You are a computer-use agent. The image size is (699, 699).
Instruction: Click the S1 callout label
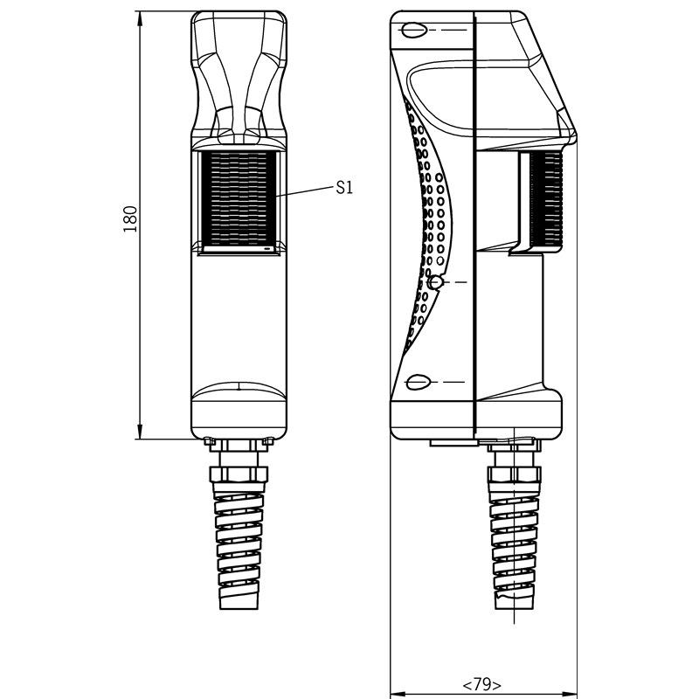coord(344,188)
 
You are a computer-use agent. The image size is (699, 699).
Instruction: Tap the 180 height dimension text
coord(130,219)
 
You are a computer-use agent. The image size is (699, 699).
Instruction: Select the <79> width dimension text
coord(482,684)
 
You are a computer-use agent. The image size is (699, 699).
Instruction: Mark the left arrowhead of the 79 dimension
coord(398,694)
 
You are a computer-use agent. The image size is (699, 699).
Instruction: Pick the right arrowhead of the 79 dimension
coord(570,694)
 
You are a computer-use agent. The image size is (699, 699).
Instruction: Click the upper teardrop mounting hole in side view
coord(413,30)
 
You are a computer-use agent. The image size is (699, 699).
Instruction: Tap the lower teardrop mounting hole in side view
coord(418,382)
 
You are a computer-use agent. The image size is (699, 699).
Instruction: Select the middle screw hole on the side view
coord(435,282)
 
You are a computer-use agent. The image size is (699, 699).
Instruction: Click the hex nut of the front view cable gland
coord(238,474)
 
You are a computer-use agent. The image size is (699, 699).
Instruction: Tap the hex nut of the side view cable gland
coord(515,475)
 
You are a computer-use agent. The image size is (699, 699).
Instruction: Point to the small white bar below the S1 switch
coord(238,249)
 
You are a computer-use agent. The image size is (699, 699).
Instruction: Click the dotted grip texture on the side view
coord(426,223)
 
